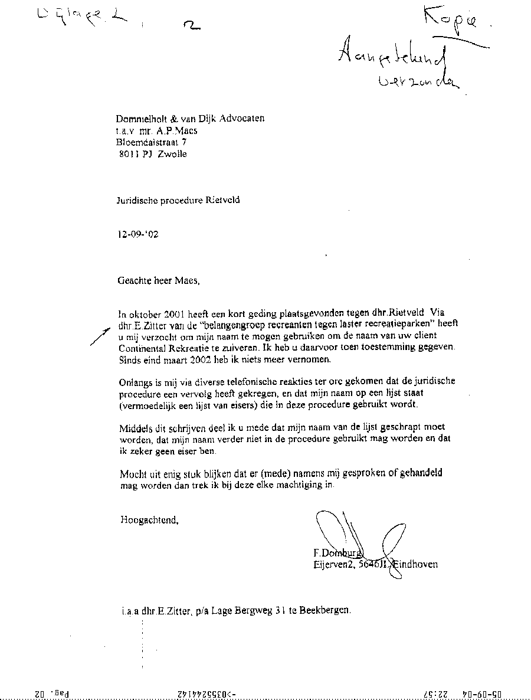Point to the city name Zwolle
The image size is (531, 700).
(x=172, y=154)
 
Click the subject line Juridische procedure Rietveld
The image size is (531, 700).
(x=178, y=199)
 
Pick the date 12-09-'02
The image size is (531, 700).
(x=138, y=234)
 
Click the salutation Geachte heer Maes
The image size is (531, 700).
(x=159, y=281)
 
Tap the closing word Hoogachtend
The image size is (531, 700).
(x=149, y=520)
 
